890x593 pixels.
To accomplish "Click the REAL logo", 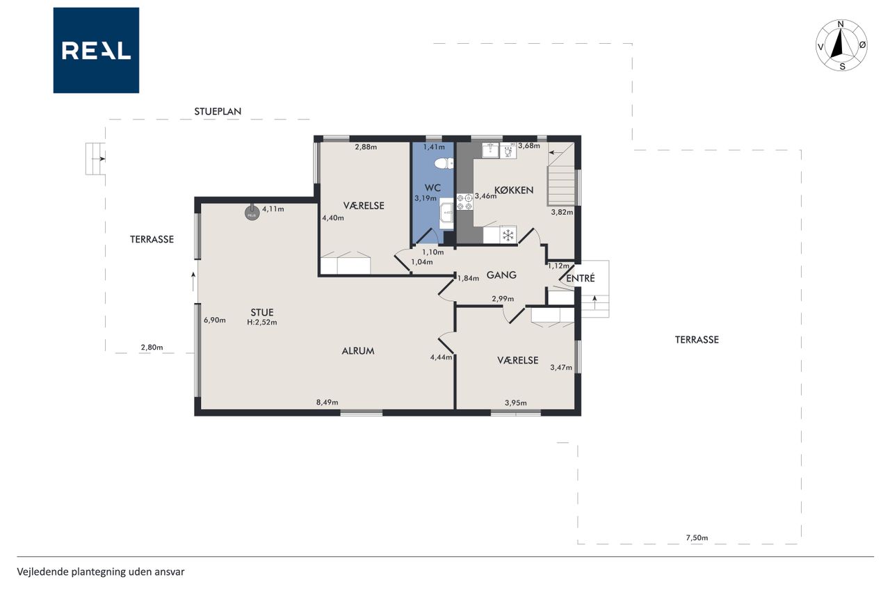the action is click(96, 51).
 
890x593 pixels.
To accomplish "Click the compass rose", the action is click(841, 45).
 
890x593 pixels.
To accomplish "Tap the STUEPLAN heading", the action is click(218, 112).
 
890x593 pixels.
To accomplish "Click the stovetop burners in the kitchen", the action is click(465, 202).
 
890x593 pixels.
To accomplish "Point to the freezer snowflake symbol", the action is click(508, 235).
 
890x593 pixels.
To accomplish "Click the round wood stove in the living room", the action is click(252, 213).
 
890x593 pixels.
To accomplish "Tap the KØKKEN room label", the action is click(514, 190).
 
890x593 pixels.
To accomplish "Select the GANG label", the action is click(501, 275).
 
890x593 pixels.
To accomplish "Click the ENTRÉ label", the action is click(581, 279).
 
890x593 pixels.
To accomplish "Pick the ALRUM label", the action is click(358, 351).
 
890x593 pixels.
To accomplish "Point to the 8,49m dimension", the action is click(327, 403).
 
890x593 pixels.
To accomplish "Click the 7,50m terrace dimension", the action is click(697, 538).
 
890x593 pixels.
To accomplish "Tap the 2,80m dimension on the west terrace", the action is click(152, 348).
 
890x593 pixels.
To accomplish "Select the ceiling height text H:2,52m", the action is click(262, 323).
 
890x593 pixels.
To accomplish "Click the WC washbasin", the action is click(446, 216).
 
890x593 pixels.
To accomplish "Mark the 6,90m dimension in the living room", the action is click(215, 320).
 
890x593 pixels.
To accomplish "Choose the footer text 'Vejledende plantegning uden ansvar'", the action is click(101, 572).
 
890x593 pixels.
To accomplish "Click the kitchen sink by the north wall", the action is click(491, 151).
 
